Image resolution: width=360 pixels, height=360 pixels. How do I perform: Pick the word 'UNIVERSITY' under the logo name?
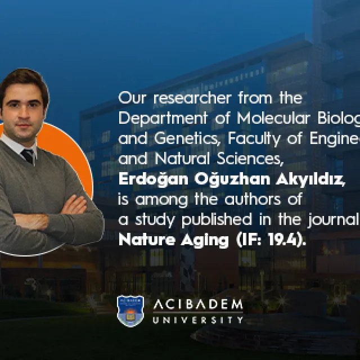[199, 320]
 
